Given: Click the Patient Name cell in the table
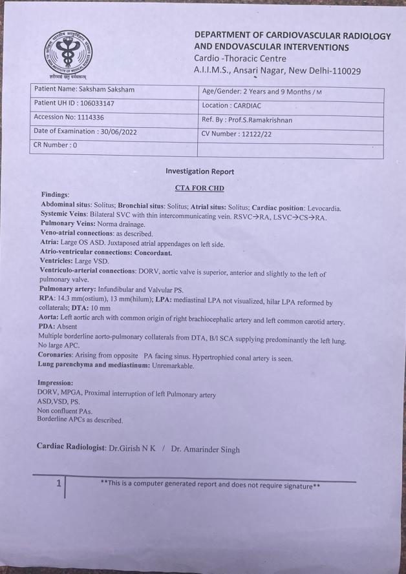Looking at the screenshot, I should pyautogui.click(x=84, y=89).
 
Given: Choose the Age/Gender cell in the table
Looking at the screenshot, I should pyautogui.click(x=262, y=92).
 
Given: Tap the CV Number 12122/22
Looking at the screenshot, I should pyautogui.click(x=254, y=134).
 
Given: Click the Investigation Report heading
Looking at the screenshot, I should pyautogui.click(x=200, y=171).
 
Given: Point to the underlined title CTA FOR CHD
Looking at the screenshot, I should pyautogui.click(x=199, y=188).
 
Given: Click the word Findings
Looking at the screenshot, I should pyautogui.click(x=55, y=194).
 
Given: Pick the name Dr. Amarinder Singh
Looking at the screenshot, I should pyautogui.click(x=205, y=449).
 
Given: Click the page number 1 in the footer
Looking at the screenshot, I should pyautogui.click(x=59, y=483).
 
